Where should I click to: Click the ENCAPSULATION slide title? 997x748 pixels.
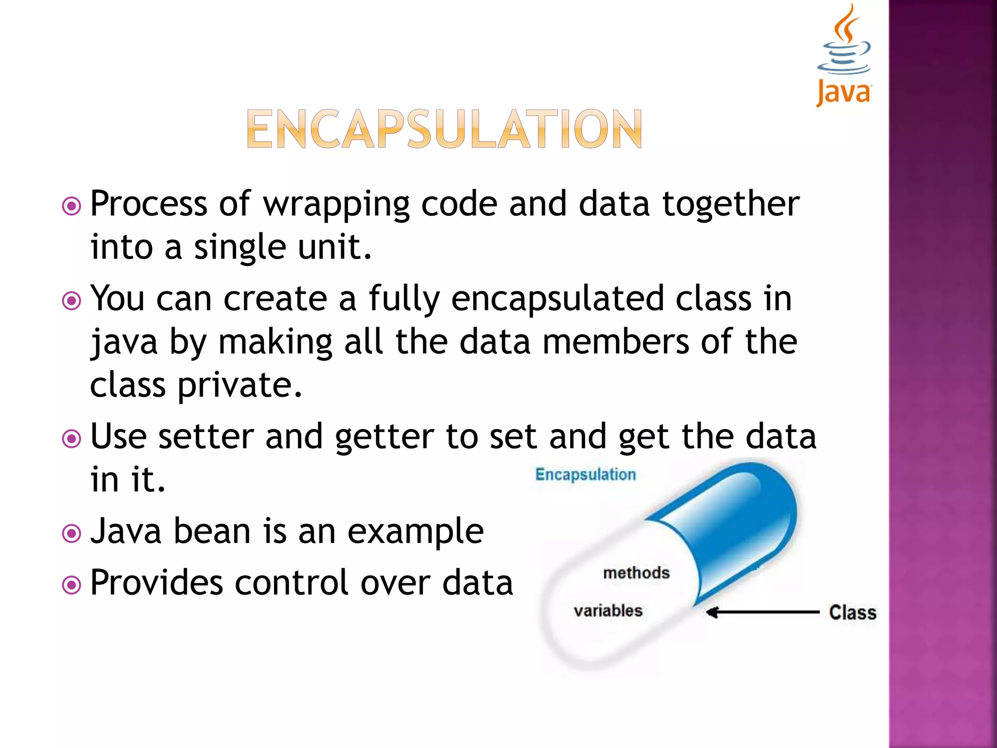(x=444, y=129)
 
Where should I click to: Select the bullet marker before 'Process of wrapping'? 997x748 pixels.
(x=72, y=206)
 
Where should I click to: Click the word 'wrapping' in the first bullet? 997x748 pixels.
(x=336, y=205)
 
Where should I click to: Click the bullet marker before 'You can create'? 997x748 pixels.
(x=72, y=300)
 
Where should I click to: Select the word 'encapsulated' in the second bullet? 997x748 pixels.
(x=557, y=299)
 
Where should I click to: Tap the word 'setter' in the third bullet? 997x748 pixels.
(x=205, y=436)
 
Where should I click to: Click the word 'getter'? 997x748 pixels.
(x=385, y=437)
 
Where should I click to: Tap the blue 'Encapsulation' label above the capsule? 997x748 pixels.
(x=585, y=474)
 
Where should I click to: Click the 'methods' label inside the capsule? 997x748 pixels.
(x=636, y=573)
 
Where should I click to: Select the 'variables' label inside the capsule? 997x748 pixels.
(x=608, y=611)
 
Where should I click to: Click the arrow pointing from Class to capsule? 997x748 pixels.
(x=762, y=612)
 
